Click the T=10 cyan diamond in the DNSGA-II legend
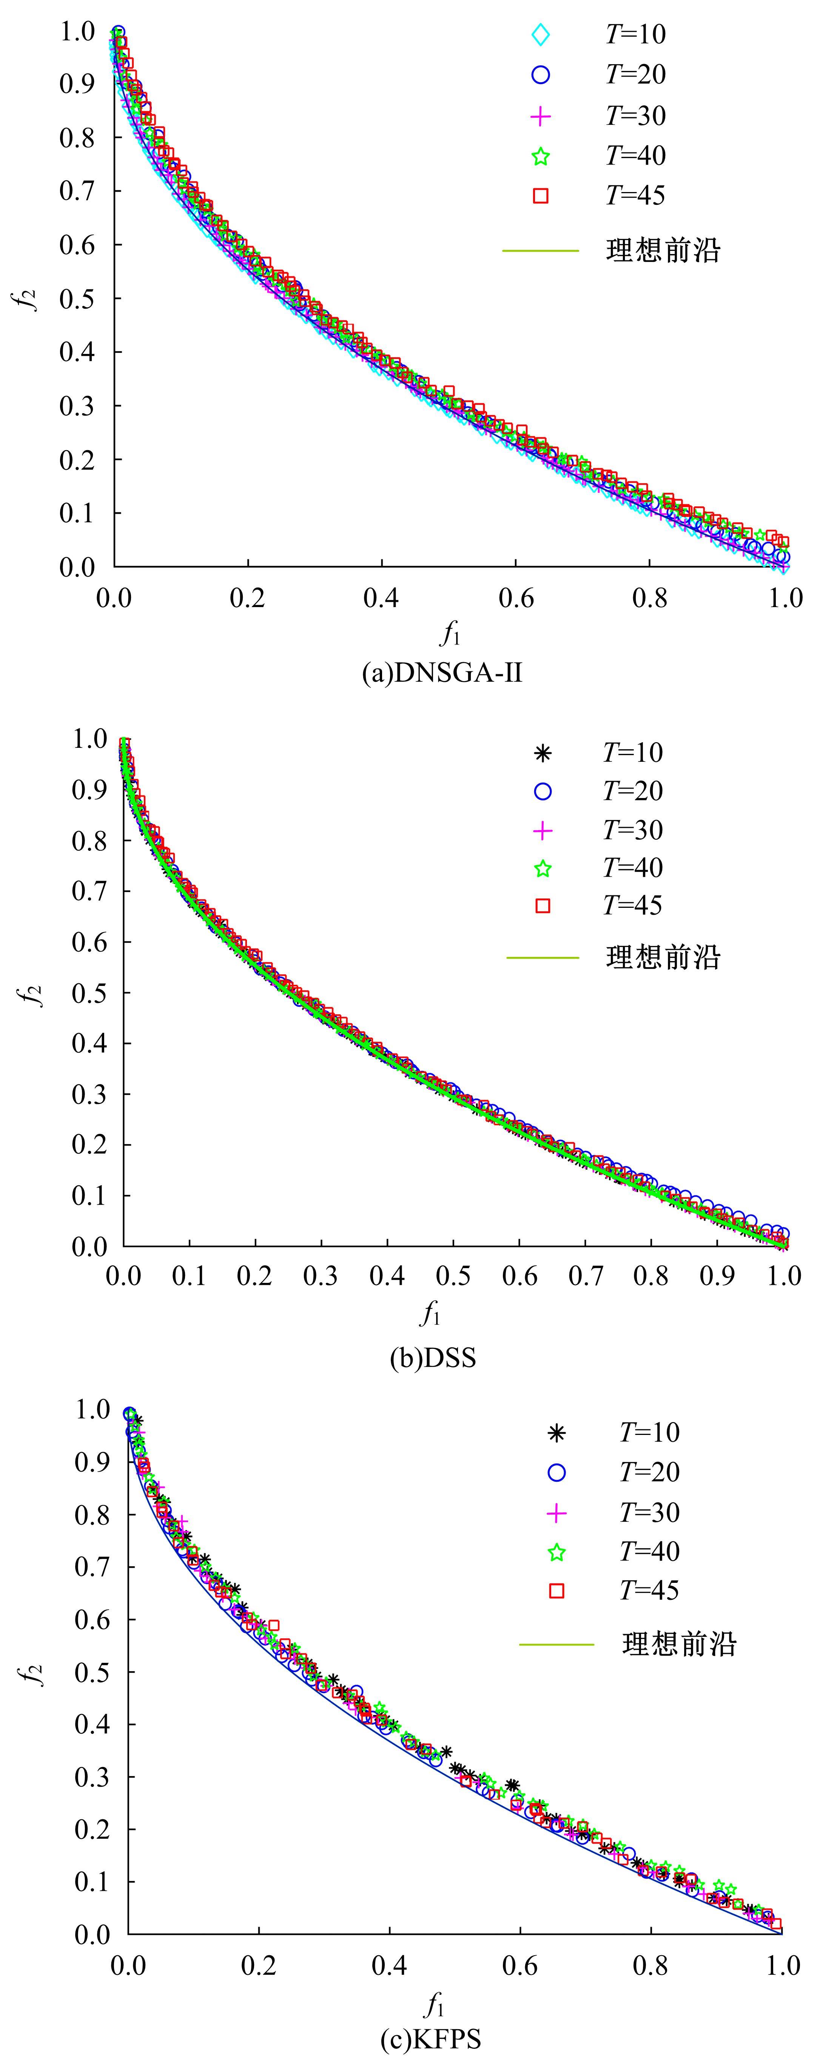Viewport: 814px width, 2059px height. coord(541,35)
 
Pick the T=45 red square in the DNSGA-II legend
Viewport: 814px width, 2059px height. coord(541,196)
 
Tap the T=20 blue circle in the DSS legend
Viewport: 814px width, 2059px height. coord(543,791)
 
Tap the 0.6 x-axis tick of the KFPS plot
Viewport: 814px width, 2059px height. coord(521,1965)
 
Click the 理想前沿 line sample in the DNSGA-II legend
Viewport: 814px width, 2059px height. coord(541,251)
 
